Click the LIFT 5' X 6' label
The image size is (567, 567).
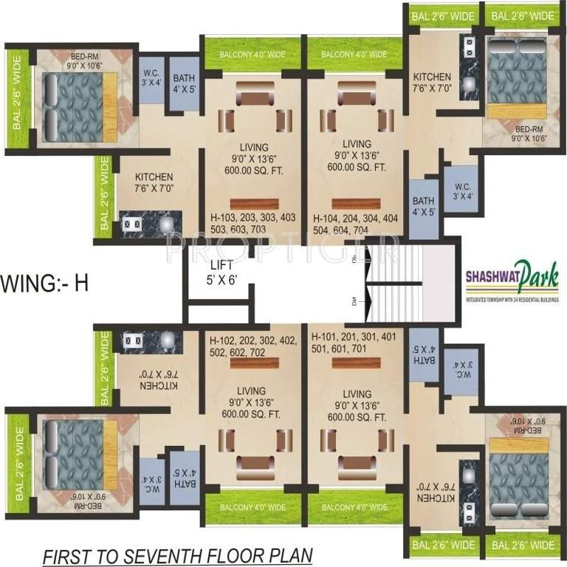(x=223, y=272)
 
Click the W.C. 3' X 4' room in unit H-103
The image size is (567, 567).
(x=152, y=78)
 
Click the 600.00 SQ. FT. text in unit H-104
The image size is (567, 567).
(x=357, y=168)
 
